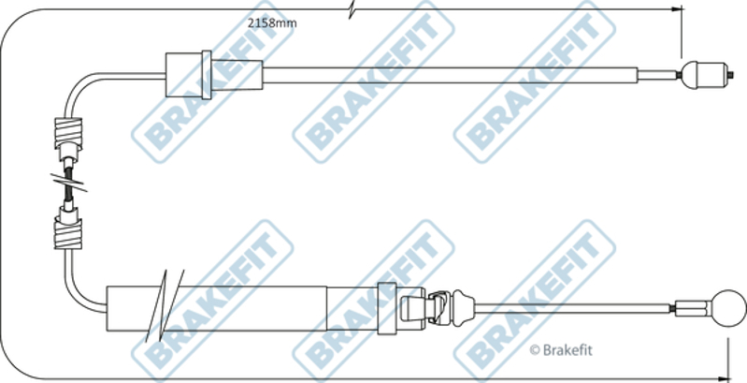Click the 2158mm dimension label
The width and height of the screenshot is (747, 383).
pos(272,22)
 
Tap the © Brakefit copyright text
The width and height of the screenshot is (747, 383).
pos(561,350)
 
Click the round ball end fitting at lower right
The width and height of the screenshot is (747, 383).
pos(728,308)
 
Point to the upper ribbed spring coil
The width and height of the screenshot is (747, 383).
pos(68,133)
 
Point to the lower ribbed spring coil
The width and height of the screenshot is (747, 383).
pos(67,234)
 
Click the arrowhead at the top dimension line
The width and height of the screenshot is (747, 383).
pos(677,9)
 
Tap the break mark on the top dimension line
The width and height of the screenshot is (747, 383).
pos(352,9)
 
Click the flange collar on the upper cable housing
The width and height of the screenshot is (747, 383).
pos(207,75)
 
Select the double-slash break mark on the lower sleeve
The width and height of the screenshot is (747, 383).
pos(165,305)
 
